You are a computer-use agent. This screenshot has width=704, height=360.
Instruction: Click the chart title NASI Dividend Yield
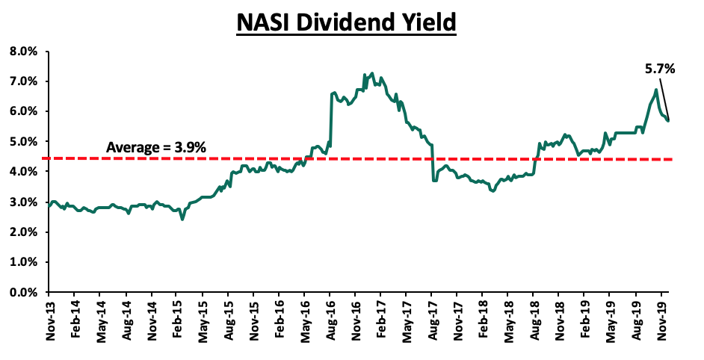point(346,23)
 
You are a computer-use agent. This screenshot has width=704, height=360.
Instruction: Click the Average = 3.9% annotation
point(155,148)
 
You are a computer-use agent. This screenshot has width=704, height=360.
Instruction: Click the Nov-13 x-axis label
point(49,321)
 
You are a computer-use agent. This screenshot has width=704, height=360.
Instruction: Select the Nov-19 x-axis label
point(661,321)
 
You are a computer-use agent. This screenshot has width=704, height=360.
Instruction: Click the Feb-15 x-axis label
point(177,321)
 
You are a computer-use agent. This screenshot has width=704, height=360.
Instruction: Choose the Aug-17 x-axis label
point(432,321)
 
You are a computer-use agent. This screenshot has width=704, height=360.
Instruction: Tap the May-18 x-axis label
point(508,321)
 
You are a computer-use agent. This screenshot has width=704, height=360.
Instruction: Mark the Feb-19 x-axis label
point(584,321)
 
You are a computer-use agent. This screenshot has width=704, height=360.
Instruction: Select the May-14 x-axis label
point(100,321)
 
